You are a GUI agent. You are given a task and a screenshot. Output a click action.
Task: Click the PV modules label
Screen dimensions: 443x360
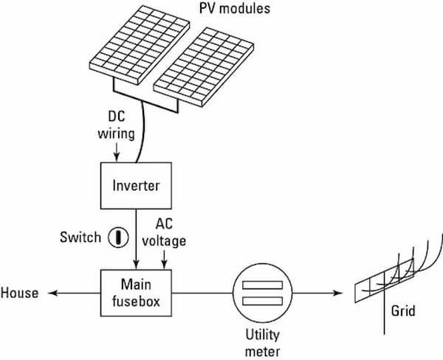click(x=235, y=8)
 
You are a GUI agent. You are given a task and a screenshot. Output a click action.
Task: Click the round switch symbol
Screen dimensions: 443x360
click(x=118, y=238)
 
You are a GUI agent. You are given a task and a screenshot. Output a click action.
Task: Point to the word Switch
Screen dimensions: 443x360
click(x=80, y=238)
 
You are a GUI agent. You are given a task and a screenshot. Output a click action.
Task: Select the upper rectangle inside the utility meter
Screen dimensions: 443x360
click(x=262, y=285)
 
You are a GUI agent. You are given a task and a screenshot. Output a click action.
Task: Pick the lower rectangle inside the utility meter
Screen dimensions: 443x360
click(x=262, y=301)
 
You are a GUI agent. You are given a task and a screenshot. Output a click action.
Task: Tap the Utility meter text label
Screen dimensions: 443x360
click(x=262, y=343)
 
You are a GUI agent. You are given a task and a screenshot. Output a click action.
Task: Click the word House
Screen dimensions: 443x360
click(x=19, y=293)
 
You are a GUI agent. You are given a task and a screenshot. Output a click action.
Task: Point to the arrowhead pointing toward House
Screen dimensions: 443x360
click(x=52, y=293)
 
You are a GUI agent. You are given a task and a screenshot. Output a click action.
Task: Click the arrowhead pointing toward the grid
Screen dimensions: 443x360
click(x=337, y=293)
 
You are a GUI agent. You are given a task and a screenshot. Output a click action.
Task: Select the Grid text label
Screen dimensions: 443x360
click(x=403, y=311)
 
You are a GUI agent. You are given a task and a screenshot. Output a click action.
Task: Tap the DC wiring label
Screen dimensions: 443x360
click(x=116, y=125)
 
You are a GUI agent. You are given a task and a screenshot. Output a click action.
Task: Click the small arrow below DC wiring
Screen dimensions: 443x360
click(x=117, y=152)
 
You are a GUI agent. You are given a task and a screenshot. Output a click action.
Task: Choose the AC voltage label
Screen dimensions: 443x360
click(x=164, y=232)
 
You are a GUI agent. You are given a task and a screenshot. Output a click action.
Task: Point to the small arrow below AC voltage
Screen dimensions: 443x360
click(x=164, y=259)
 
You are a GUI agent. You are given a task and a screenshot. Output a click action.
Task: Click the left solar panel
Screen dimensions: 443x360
click(x=140, y=45)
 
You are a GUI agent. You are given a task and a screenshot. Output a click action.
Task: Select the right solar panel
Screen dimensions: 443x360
click(x=204, y=67)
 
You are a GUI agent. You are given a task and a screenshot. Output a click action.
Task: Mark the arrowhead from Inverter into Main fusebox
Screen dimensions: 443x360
click(x=136, y=264)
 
